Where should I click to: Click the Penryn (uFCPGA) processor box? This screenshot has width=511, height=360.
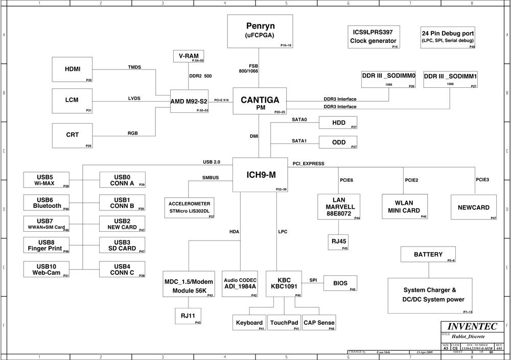click(260, 31)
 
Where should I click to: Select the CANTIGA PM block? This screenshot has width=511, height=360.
click(260, 101)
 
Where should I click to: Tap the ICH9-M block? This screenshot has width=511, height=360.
click(260, 175)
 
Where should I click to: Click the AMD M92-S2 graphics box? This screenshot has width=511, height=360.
click(189, 101)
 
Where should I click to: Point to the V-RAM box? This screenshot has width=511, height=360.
click(189, 56)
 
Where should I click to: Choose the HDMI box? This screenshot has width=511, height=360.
click(73, 70)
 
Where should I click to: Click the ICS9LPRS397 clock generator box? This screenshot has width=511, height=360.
click(373, 37)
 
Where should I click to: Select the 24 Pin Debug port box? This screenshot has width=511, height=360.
click(448, 37)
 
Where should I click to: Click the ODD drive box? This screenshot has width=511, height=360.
click(338, 142)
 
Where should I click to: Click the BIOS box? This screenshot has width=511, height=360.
click(340, 283)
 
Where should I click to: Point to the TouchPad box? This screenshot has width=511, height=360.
click(284, 323)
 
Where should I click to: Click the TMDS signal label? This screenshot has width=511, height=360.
click(134, 67)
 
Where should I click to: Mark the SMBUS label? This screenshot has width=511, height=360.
click(211, 178)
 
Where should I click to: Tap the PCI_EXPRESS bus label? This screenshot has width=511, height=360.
click(308, 163)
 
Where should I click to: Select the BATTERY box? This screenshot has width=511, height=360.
click(428, 254)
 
